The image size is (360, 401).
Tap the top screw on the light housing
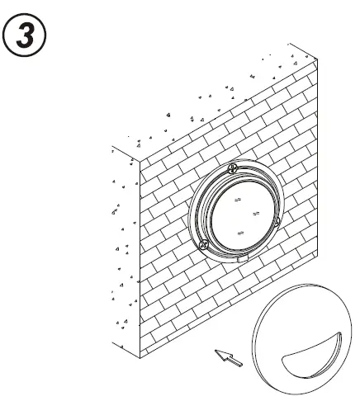click(x=234, y=167)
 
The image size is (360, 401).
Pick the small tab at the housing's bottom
click(x=242, y=260)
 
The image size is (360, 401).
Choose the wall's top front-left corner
click(x=138, y=156)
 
